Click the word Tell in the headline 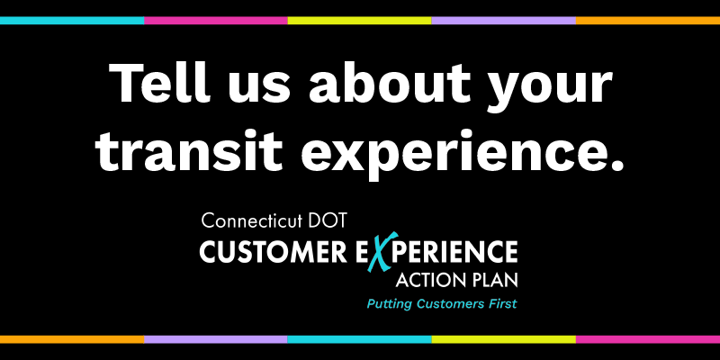(x=158, y=86)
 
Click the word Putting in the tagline (x=389, y=305)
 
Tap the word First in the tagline (x=500, y=304)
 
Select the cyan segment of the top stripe (x=72, y=19)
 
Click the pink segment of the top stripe (x=216, y=19)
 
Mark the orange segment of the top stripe (x=648, y=19)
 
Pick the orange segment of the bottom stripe (x=72, y=339)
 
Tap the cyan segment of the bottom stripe (x=360, y=339)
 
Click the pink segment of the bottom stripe (x=648, y=339)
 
